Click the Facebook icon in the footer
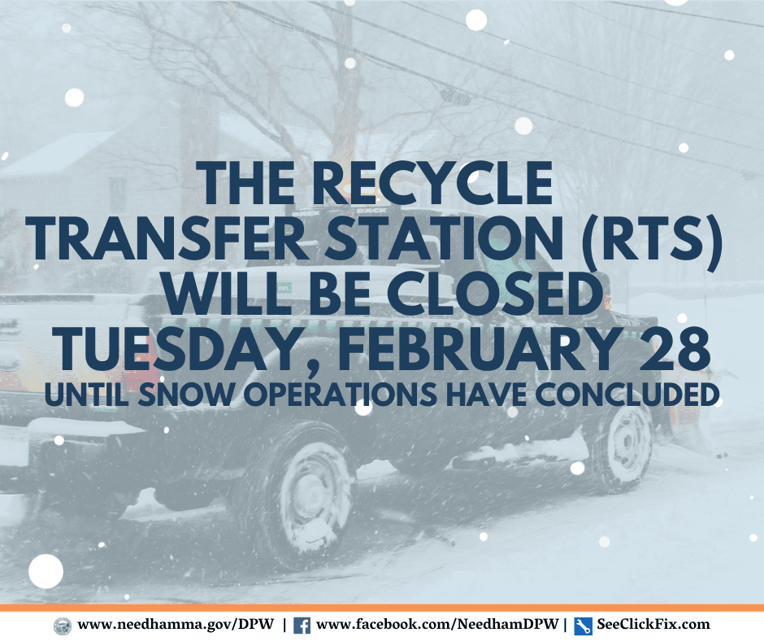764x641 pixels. (x=302, y=626)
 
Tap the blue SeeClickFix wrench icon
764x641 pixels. (x=582, y=626)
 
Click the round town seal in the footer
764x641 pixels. (x=62, y=626)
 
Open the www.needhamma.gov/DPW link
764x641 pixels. (x=175, y=625)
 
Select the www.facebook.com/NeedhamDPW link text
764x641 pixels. (x=439, y=625)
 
